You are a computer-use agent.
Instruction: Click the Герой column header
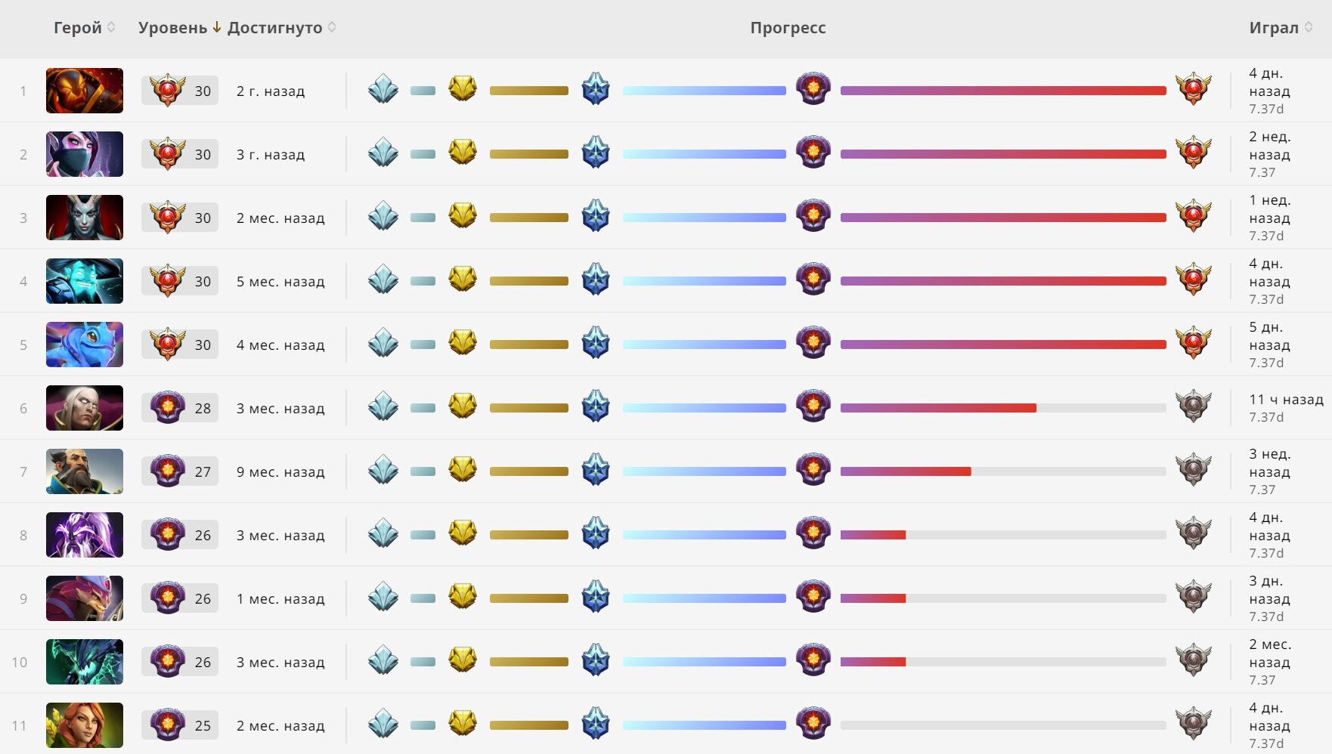[x=77, y=28]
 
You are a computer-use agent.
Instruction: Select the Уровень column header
[x=173, y=28]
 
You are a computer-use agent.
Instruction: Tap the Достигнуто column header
[x=275, y=28]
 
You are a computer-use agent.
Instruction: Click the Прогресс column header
[x=788, y=28]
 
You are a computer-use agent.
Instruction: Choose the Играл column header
[x=1274, y=28]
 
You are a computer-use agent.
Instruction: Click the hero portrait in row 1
[x=85, y=91]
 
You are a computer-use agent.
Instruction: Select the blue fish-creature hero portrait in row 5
[x=85, y=345]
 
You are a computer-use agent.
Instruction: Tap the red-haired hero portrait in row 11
[x=85, y=725]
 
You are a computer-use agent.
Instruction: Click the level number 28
[x=203, y=409]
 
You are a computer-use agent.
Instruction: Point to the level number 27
[x=203, y=472]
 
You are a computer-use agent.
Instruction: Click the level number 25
[x=203, y=726]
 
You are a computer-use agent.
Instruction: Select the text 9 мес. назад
[x=280, y=472]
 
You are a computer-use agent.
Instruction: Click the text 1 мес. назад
[x=280, y=599]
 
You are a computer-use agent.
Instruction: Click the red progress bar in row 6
[x=938, y=408]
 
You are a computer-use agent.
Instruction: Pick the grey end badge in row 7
[x=1194, y=470]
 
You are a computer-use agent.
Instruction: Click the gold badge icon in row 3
[x=463, y=216]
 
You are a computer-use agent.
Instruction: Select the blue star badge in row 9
[x=596, y=597]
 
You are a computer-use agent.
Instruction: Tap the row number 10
[x=20, y=663]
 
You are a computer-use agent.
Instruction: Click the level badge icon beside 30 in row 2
[x=167, y=153]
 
